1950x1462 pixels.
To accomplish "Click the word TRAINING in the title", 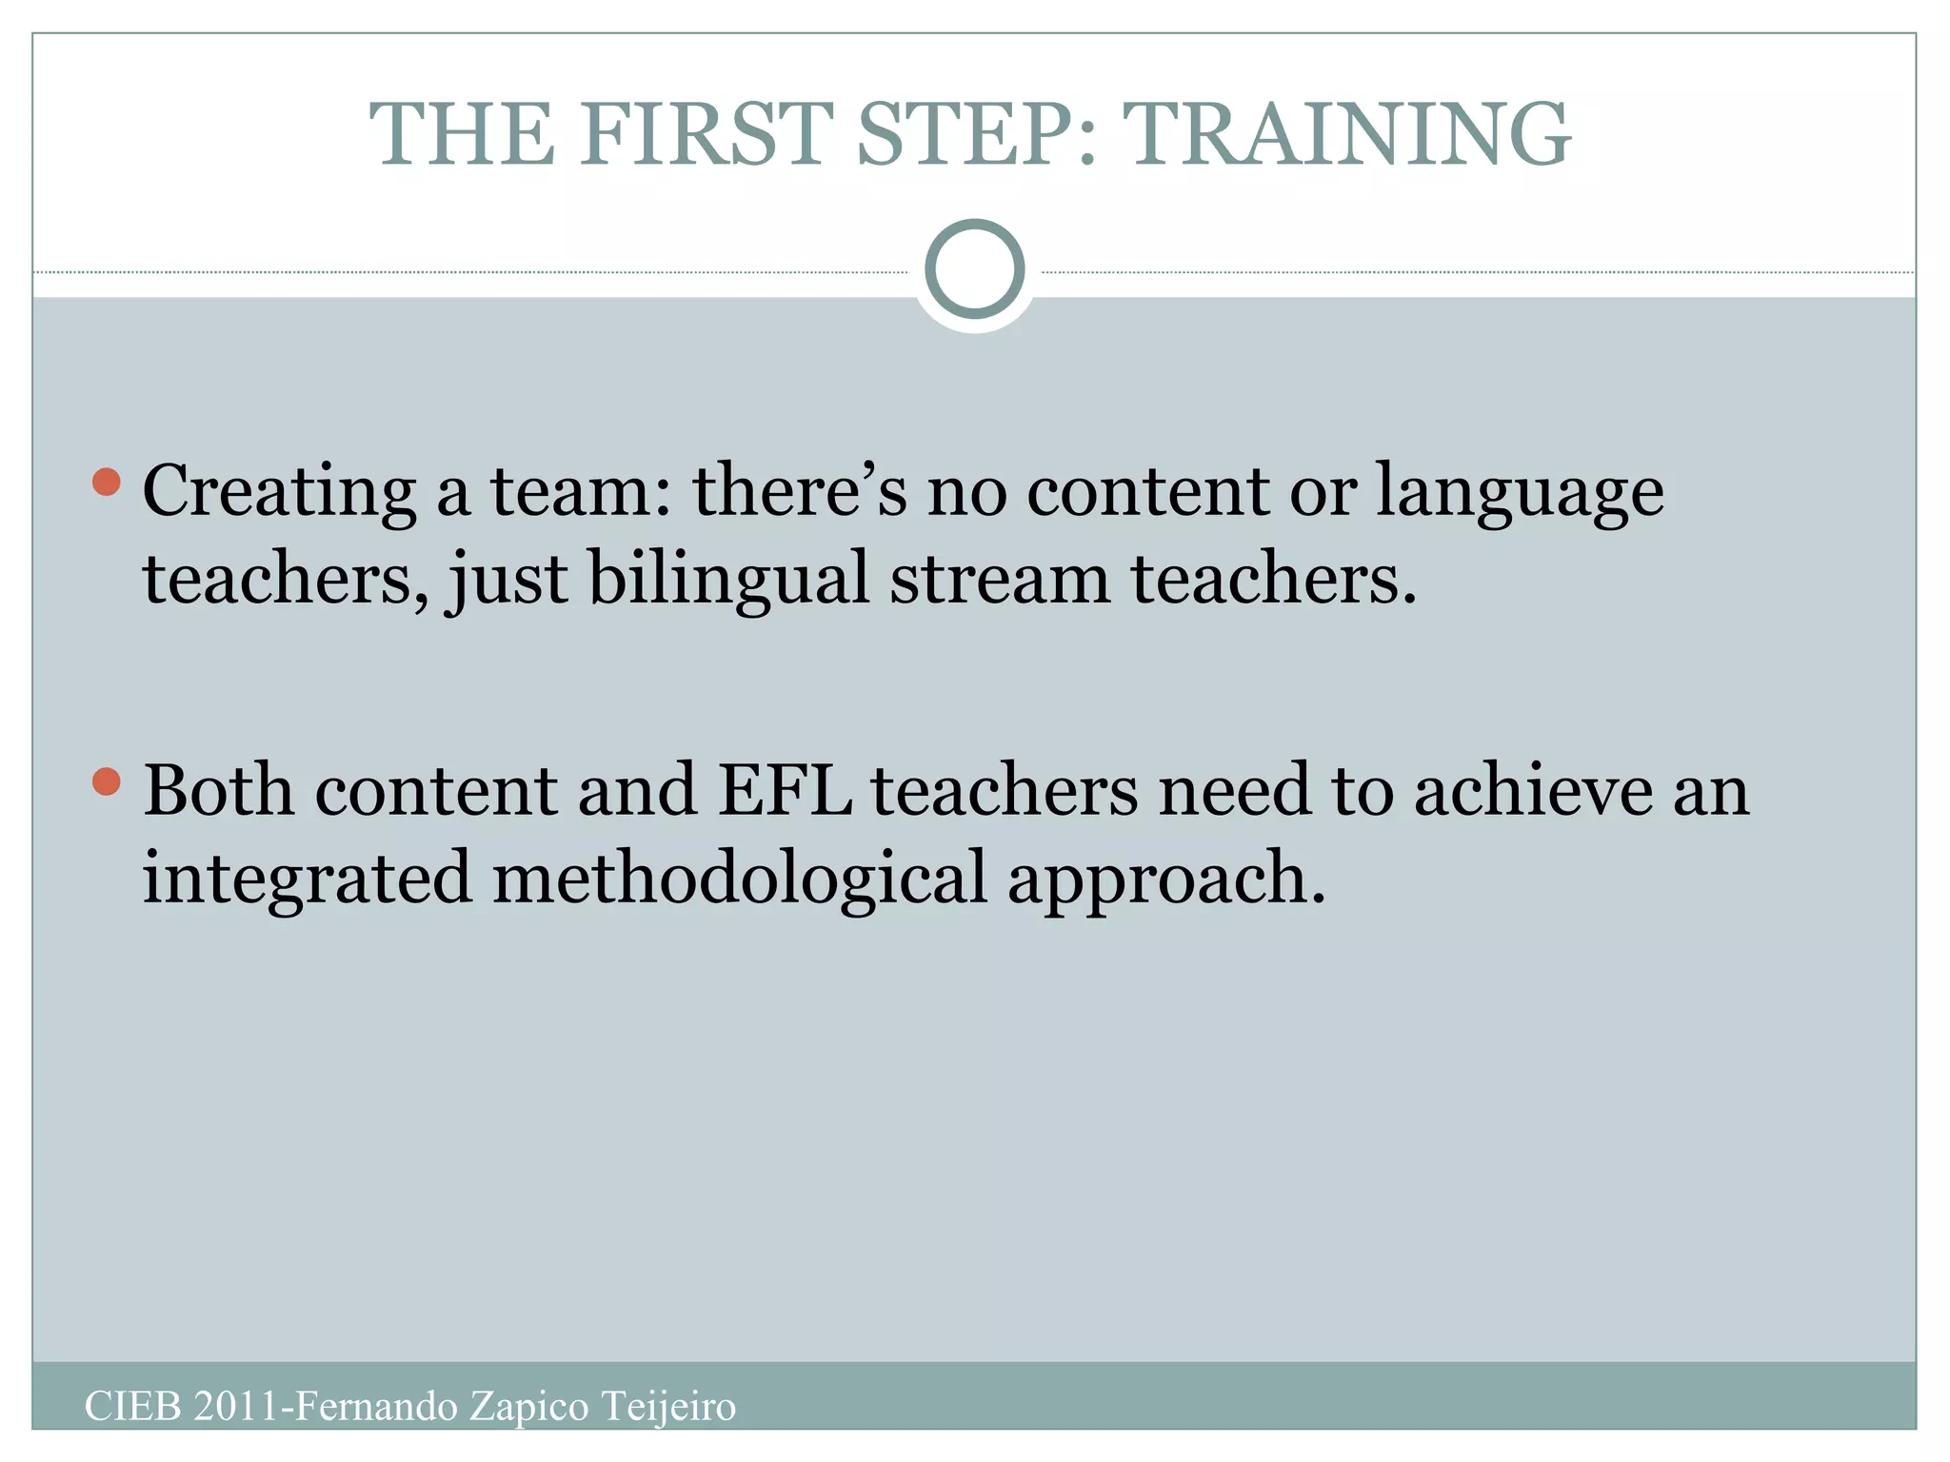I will (x=1346, y=134).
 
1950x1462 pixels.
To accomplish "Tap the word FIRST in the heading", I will (x=706, y=134).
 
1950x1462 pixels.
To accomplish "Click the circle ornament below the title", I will (x=974, y=269).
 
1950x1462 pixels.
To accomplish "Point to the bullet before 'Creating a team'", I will (x=107, y=482).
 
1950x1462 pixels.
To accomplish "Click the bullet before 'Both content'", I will (x=107, y=781).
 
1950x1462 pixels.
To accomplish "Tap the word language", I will (x=1520, y=492).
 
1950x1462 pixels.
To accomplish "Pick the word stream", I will (x=999, y=579).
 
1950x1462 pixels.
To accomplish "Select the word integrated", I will (x=307, y=878).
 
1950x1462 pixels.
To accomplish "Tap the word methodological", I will (x=739, y=878).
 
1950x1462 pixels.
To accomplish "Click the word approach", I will (x=1165, y=878).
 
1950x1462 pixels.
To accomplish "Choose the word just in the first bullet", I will (x=507, y=579).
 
